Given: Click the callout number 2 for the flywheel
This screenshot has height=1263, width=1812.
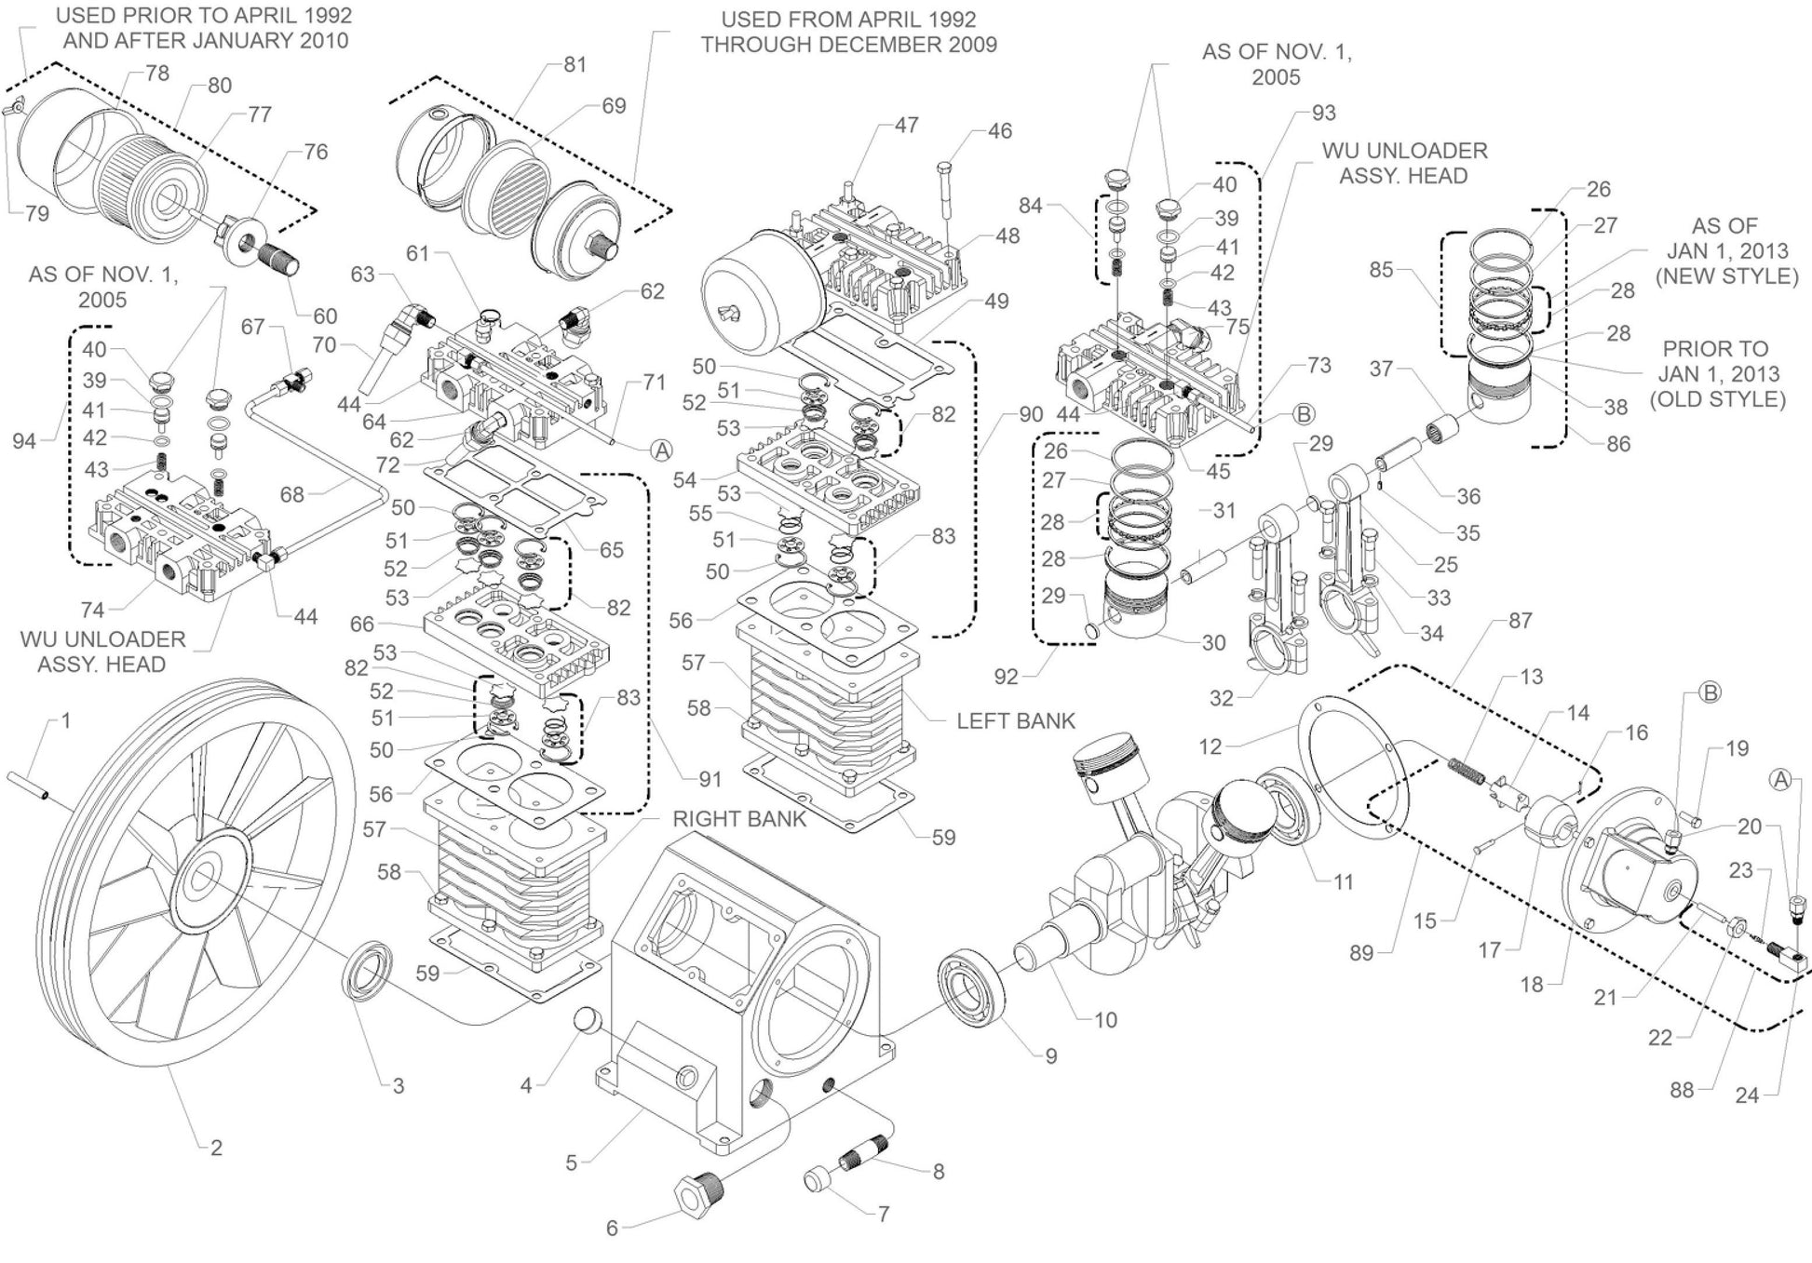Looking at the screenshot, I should click(x=216, y=1148).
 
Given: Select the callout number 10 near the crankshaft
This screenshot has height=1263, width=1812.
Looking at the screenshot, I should click(x=1105, y=1020).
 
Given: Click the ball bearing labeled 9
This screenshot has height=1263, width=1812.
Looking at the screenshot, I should click(x=968, y=991).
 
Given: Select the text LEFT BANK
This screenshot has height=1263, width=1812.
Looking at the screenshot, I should click(x=1015, y=720).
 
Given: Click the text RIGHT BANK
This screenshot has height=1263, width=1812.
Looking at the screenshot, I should click(x=739, y=819).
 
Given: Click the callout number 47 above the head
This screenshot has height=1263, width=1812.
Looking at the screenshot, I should click(x=906, y=125).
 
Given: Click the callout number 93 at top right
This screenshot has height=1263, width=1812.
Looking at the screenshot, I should click(x=1323, y=113).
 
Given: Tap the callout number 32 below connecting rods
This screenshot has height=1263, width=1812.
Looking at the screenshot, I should click(x=1221, y=698).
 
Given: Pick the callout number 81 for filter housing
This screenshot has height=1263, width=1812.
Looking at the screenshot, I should click(x=575, y=64).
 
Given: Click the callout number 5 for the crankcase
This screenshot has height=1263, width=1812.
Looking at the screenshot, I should click(x=572, y=1162).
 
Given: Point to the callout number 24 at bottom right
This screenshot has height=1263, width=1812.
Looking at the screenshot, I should click(x=1747, y=1095).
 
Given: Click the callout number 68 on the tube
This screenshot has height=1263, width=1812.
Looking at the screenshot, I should click(x=292, y=494).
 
